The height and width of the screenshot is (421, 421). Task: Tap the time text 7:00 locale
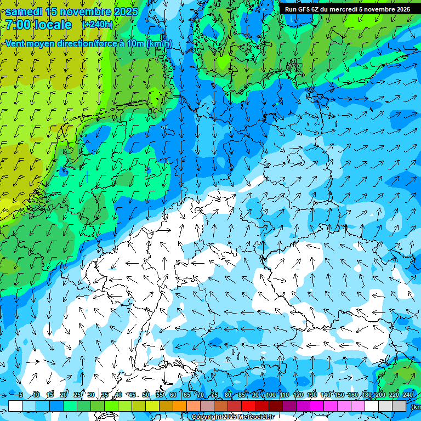coord(38,25)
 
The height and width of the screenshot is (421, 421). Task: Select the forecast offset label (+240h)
coord(98,24)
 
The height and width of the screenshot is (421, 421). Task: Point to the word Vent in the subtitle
coord(15,44)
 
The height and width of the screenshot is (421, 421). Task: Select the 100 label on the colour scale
coord(271,395)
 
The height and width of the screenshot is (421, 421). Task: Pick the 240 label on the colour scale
coord(408,395)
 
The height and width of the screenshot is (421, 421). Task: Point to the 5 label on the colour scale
coord(20,395)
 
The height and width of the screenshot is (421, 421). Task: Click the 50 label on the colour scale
coord(146,395)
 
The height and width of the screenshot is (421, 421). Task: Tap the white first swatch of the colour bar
coord(15,406)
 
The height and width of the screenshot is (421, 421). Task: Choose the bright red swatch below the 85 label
coord(248,406)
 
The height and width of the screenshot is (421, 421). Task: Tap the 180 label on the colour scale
coord(367,395)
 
